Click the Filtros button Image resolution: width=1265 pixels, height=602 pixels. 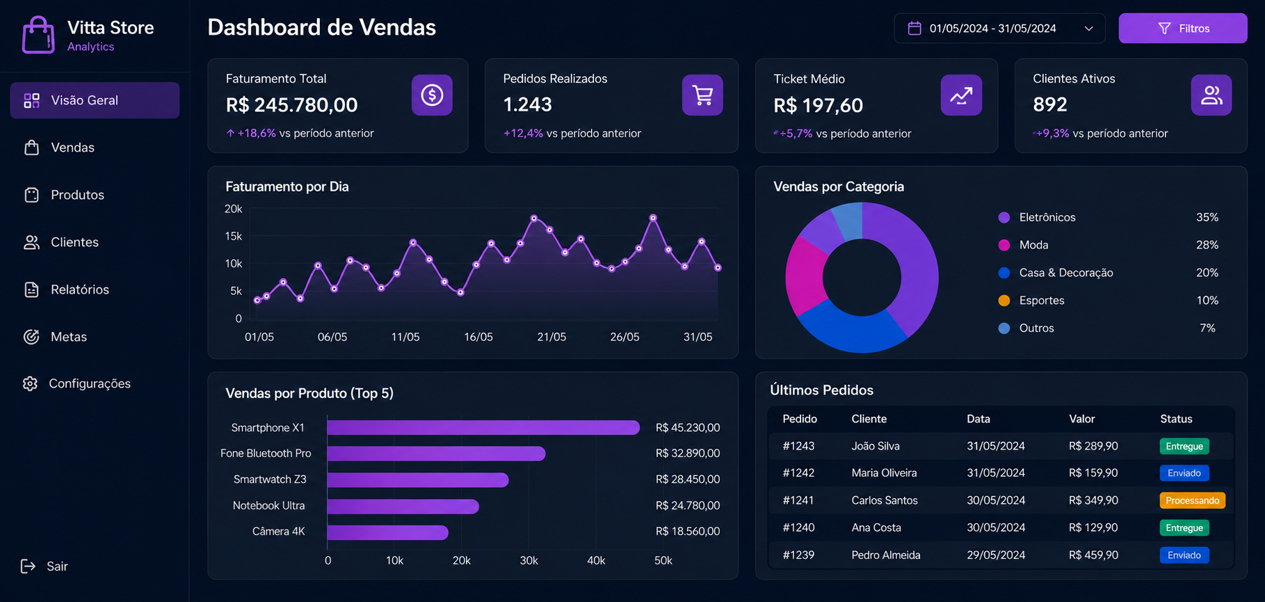coord(1182,29)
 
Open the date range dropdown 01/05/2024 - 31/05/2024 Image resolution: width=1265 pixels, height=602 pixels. coord(999,29)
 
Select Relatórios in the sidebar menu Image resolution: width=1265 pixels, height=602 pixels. coord(79,290)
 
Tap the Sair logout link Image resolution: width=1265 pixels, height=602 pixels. coord(45,567)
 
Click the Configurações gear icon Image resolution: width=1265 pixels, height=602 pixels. coord(30,383)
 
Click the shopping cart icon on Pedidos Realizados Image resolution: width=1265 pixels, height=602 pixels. coord(702,95)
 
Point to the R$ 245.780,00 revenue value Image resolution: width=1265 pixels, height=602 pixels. coord(291,105)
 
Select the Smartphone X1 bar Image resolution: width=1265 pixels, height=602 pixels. coord(483,427)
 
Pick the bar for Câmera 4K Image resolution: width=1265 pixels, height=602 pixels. coord(387,532)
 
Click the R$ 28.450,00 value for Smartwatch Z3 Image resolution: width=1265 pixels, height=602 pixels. coord(687,480)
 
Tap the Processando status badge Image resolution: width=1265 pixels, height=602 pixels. coord(1192,500)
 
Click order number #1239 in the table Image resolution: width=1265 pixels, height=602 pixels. coord(798,555)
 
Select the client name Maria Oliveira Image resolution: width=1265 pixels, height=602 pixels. coord(884,473)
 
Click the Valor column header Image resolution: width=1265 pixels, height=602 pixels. coord(1081,419)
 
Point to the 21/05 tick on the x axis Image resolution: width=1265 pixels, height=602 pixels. coord(551,337)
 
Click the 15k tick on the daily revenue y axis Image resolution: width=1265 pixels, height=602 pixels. coord(234,237)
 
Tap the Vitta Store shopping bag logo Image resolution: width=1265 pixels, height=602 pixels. coord(38,35)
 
